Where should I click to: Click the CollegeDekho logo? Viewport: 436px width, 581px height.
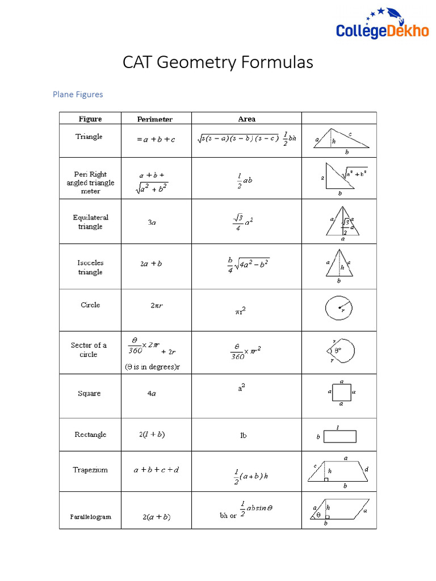(382, 26)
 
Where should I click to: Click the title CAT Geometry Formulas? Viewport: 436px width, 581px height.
(218, 62)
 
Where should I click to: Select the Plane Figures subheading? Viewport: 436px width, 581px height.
(78, 94)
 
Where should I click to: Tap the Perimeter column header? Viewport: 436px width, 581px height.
(155, 119)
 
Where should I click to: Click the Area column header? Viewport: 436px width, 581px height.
(246, 119)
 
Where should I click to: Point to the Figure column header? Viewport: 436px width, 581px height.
(90, 119)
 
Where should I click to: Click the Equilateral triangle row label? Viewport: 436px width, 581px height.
(90, 222)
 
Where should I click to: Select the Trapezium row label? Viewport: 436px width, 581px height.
(90, 470)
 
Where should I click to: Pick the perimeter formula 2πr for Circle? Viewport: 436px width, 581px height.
(157, 305)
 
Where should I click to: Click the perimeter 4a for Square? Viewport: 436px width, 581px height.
(152, 394)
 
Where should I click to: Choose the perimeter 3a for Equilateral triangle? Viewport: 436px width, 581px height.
(152, 223)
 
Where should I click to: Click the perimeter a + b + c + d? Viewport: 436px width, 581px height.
(156, 470)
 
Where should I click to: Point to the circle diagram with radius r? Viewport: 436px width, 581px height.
(339, 308)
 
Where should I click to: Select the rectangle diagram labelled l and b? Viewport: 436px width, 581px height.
(339, 436)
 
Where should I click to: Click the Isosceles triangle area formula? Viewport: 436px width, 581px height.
(248, 264)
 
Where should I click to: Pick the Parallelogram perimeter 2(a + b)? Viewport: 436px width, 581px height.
(156, 517)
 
